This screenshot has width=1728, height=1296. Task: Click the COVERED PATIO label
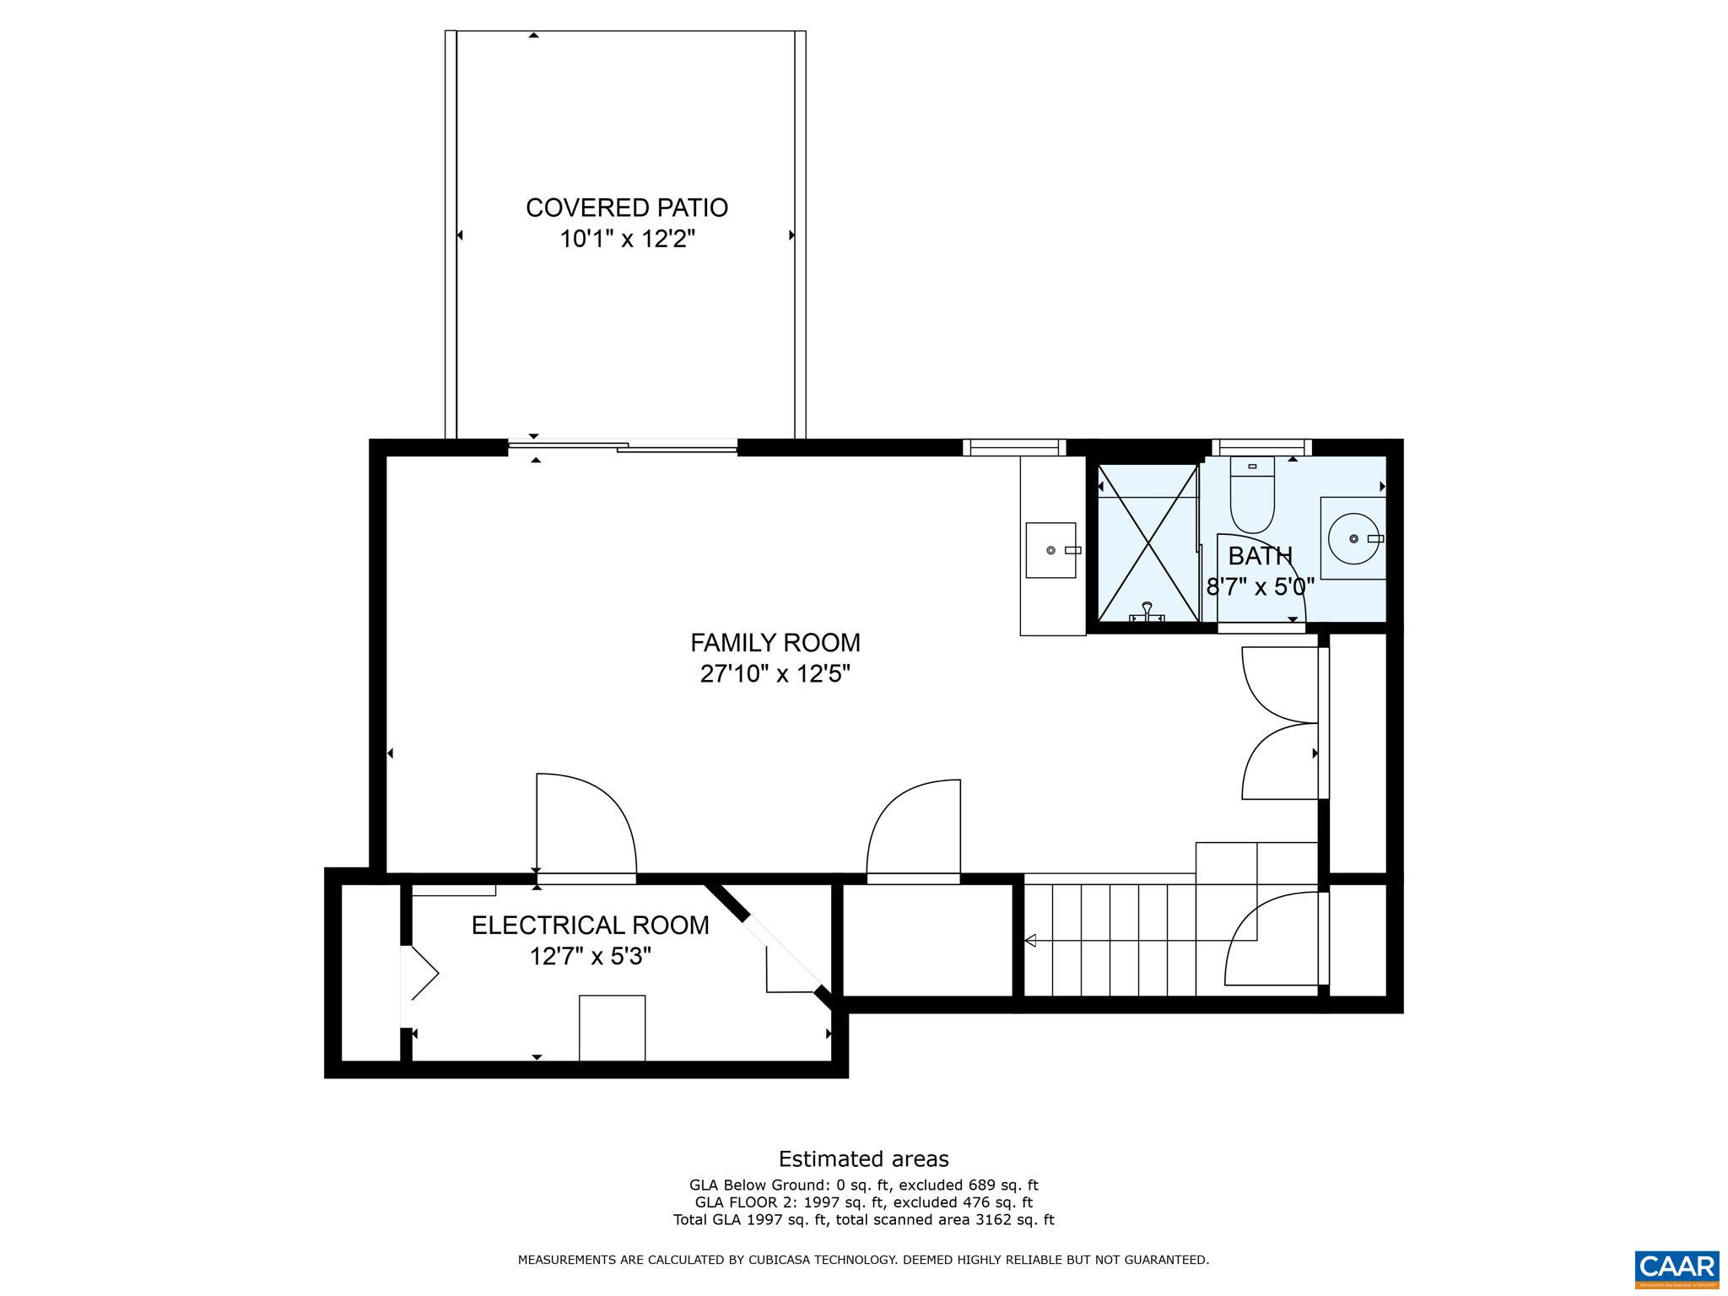[626, 208]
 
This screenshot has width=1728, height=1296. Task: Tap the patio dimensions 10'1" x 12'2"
[626, 240]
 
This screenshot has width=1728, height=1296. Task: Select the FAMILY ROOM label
[775, 643]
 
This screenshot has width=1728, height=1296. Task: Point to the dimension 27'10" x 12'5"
[775, 674]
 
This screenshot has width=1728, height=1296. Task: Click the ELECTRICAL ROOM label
[590, 926]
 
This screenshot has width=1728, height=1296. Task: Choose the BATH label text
[1260, 556]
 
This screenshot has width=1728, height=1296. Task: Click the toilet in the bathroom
[1252, 498]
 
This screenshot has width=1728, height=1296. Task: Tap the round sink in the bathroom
[1353, 538]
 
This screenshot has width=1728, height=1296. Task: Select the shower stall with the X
[1147, 543]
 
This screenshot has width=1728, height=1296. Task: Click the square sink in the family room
[1050, 550]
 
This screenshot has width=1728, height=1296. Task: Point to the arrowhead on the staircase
[1030, 940]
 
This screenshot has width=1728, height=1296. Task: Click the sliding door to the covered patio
[623, 447]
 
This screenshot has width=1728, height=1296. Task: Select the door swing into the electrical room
[586, 827]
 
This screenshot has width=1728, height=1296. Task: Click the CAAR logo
[1676, 1268]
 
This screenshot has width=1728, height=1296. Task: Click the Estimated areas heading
[863, 1158]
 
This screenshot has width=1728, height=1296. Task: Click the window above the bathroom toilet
[1261, 447]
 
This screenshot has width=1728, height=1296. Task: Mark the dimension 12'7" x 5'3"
[590, 957]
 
